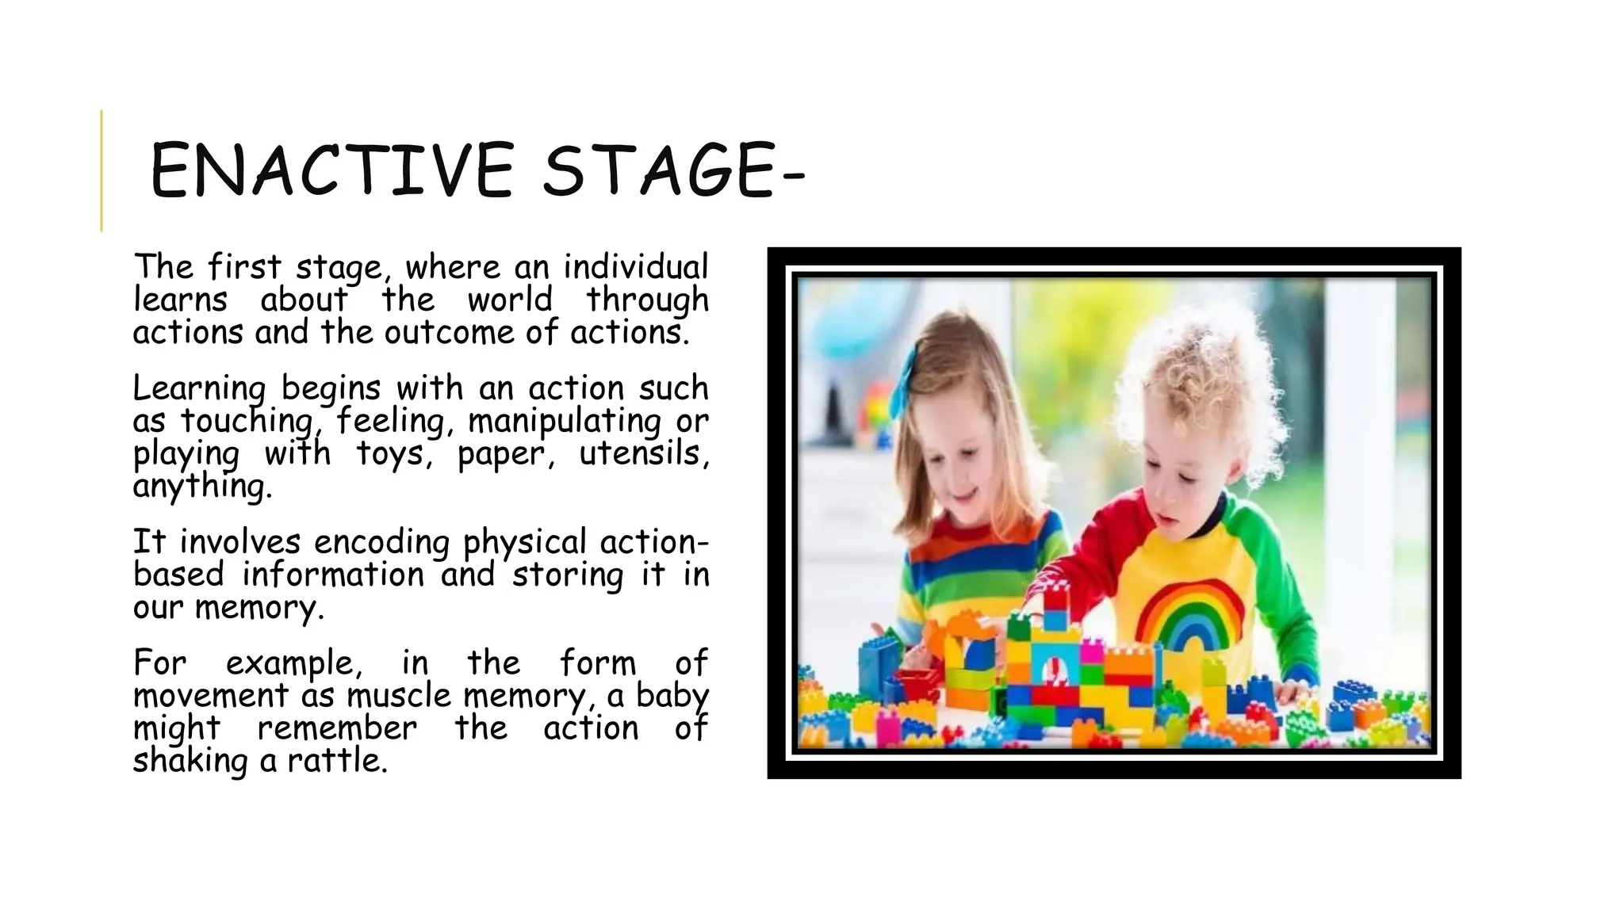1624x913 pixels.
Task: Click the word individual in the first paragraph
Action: point(635,267)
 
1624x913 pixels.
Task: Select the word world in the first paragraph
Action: point(509,300)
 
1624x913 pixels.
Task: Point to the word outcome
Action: point(450,332)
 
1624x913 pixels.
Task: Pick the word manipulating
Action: point(565,421)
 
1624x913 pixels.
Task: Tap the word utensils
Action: point(643,453)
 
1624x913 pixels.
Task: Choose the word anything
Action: point(201,486)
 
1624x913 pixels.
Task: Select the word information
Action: point(333,575)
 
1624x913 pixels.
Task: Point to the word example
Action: point(293,663)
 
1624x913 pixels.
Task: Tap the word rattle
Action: point(337,761)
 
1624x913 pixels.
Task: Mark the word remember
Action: point(337,728)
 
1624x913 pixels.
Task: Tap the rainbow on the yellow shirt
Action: point(1188,614)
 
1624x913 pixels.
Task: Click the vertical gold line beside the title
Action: point(101,170)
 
